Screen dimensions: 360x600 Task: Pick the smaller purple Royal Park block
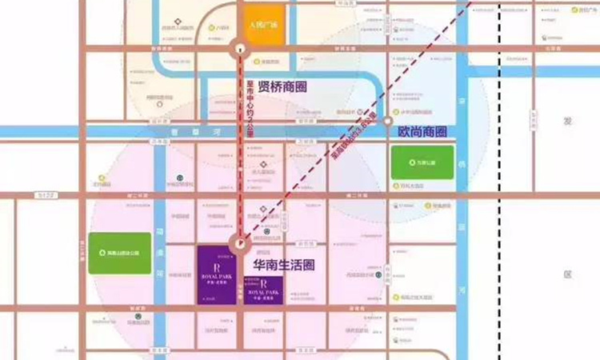coord(261,291)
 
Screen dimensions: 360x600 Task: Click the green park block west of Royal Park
coord(119,254)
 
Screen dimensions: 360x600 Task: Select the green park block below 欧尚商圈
coord(421,162)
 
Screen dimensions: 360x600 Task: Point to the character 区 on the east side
coord(568,274)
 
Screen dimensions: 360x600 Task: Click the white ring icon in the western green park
coord(102,254)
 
